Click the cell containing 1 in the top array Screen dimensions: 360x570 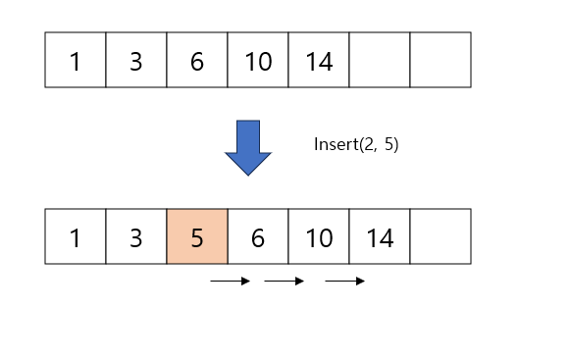[76, 60]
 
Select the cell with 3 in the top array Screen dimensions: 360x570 [136, 60]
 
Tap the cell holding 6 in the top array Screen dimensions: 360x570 [197, 60]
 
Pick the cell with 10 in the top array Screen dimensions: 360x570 [258, 60]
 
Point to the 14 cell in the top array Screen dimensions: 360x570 [319, 60]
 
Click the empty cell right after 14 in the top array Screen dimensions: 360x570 [380, 60]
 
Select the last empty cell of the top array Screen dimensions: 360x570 [440, 60]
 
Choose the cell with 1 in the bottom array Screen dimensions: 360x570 [76, 236]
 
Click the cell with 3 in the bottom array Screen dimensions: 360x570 [136, 236]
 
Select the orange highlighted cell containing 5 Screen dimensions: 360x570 [197, 236]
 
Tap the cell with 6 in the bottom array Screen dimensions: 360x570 [258, 236]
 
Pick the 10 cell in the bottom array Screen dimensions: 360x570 [319, 236]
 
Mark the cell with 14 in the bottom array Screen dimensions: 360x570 [380, 236]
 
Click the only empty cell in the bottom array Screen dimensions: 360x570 [440, 236]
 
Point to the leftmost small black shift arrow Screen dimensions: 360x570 [231, 282]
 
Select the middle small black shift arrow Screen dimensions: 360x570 [285, 282]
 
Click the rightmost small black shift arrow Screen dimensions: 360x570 [345, 282]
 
